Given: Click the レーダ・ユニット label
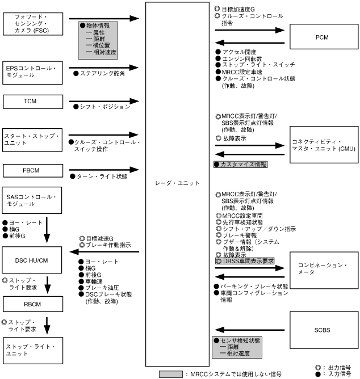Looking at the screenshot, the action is [x=178, y=183].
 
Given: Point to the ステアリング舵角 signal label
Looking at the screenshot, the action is [x=102, y=73].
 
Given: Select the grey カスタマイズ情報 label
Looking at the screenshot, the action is [x=240, y=164].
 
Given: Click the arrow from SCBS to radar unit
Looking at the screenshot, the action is [x=250, y=327].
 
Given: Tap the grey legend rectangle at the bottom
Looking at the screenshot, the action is [x=170, y=374].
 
